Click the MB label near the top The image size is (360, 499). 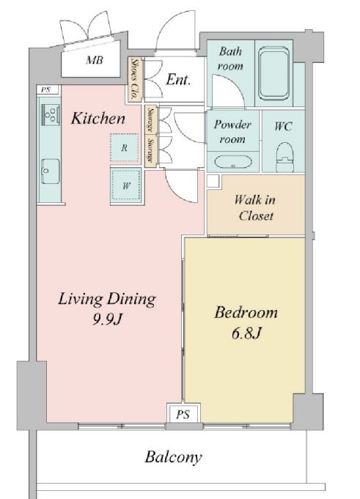tap(95, 60)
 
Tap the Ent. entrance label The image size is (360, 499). tap(178, 80)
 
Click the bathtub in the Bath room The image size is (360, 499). tap(273, 73)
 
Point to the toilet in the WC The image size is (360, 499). tap(284, 157)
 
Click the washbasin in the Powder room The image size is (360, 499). tap(233, 162)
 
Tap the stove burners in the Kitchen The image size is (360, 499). tap(51, 114)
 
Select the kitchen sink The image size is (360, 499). tap(51, 171)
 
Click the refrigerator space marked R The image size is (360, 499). tap(124, 148)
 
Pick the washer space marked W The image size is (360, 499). tap(126, 185)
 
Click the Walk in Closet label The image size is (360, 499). tap(255, 208)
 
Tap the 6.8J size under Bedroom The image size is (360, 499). tap(246, 333)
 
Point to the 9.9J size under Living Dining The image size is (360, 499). tap(107, 319)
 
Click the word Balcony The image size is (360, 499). tap(174, 457)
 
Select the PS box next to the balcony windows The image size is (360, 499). tap(183, 413)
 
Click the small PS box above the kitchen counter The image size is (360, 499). tap(47, 89)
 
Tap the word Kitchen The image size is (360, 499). tap(98, 119)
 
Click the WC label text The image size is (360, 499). tap(283, 126)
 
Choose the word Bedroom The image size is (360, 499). tap(246, 312)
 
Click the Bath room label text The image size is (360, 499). tap(230, 59)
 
